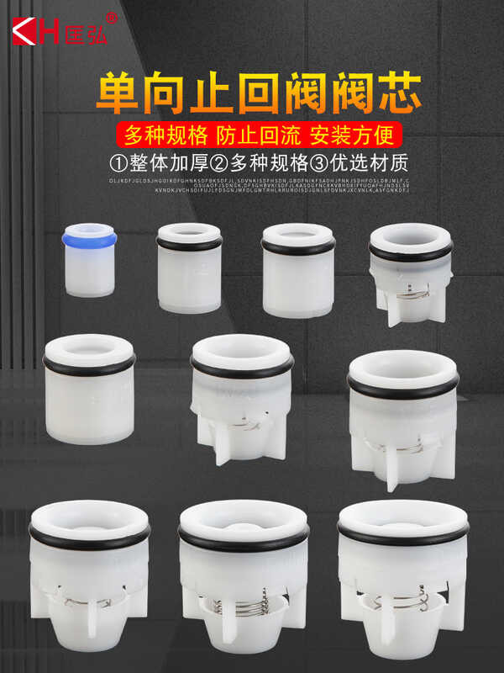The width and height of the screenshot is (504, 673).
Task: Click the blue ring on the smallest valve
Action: [x=88, y=241]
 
